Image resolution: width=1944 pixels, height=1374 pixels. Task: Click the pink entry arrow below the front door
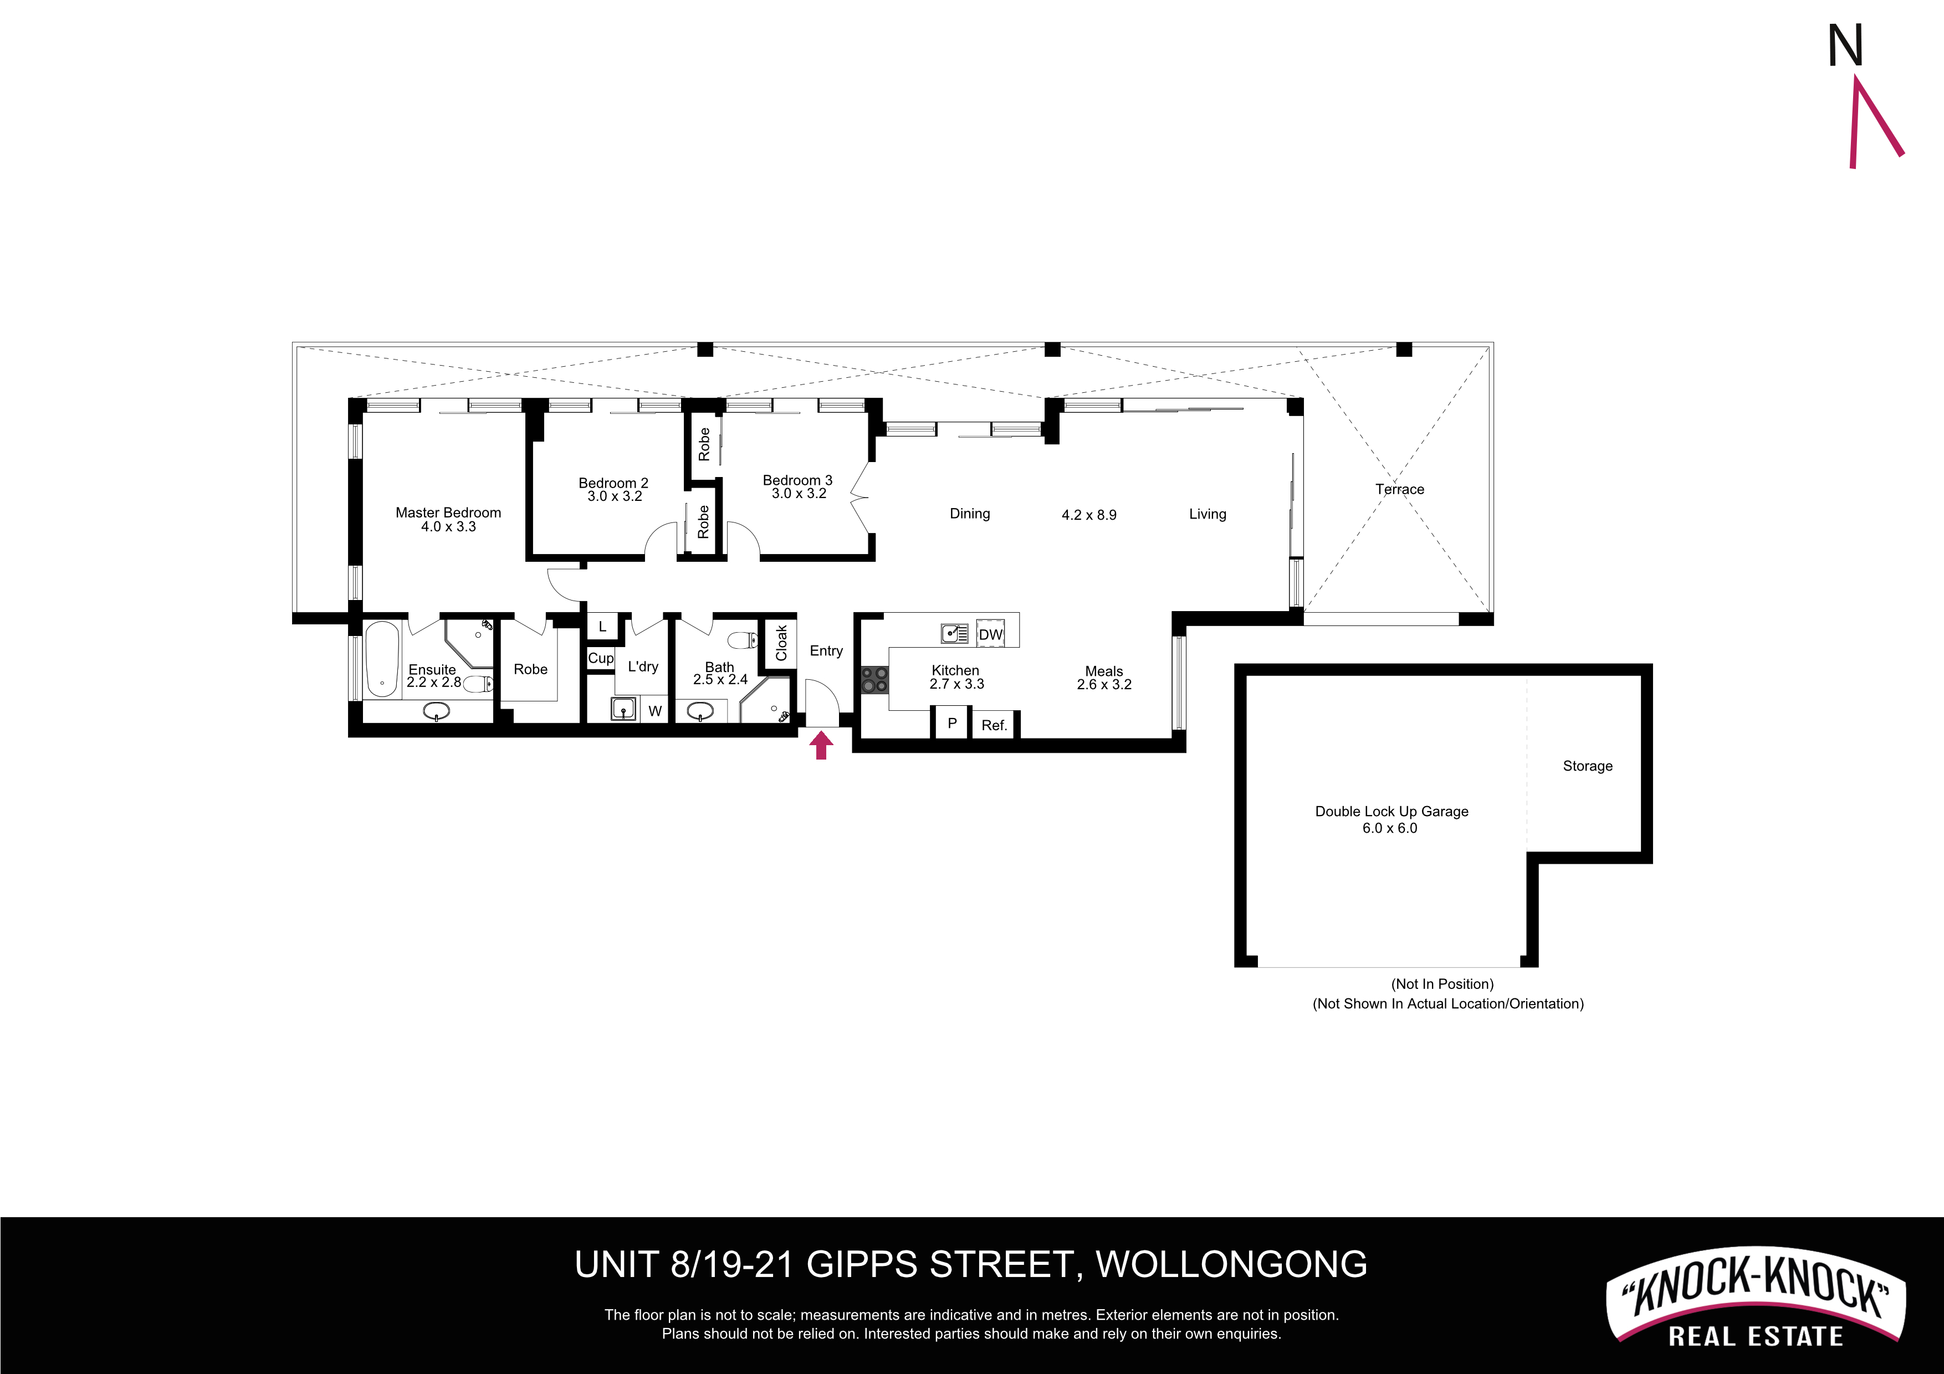click(821, 746)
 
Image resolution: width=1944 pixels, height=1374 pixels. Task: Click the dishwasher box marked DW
click(990, 633)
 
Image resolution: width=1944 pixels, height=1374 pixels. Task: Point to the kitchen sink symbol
click(954, 633)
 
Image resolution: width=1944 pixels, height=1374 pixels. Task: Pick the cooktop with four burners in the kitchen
click(874, 680)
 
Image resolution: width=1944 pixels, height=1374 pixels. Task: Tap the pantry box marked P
click(951, 724)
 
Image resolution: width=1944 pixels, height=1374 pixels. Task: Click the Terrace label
click(1400, 489)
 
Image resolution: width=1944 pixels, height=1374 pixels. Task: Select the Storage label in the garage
click(1588, 766)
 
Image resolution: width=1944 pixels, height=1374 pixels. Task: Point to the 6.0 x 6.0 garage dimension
click(1389, 828)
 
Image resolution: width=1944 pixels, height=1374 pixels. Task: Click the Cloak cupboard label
click(781, 643)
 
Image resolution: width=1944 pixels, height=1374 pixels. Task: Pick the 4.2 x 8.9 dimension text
click(1089, 515)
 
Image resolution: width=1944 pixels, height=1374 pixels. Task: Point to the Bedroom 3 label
click(797, 480)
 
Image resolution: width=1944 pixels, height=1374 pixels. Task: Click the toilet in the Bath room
click(743, 640)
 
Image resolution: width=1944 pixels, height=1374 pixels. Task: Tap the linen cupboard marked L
click(602, 627)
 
